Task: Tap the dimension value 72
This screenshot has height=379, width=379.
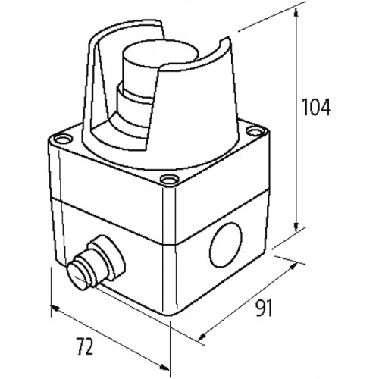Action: click(85, 349)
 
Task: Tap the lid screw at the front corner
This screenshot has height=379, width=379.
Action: click(165, 180)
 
